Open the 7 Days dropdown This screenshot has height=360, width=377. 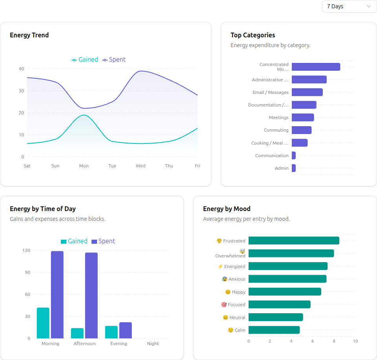click(x=349, y=6)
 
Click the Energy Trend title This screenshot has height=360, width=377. click(x=29, y=35)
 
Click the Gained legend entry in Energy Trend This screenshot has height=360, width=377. click(x=85, y=60)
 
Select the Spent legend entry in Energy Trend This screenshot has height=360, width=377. click(x=114, y=60)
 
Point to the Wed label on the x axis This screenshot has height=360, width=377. click(x=141, y=166)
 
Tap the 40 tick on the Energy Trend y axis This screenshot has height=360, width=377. click(x=21, y=69)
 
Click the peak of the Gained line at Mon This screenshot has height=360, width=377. click(x=84, y=115)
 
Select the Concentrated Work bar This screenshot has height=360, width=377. click(x=316, y=67)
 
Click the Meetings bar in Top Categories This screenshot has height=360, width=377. click(x=303, y=118)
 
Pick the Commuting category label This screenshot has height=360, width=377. click(x=276, y=130)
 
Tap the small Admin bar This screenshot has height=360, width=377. click(x=294, y=168)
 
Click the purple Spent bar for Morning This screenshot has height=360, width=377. click(x=57, y=295)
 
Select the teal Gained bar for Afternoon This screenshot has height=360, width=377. click(x=77, y=333)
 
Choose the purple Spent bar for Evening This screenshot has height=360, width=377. click(x=126, y=331)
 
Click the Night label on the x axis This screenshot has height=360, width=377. click(x=153, y=343)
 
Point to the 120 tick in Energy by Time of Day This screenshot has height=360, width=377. click(x=26, y=250)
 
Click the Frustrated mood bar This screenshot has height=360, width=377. click(x=294, y=241)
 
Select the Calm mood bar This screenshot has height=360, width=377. click(x=274, y=330)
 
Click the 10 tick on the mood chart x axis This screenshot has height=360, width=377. click(x=355, y=341)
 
